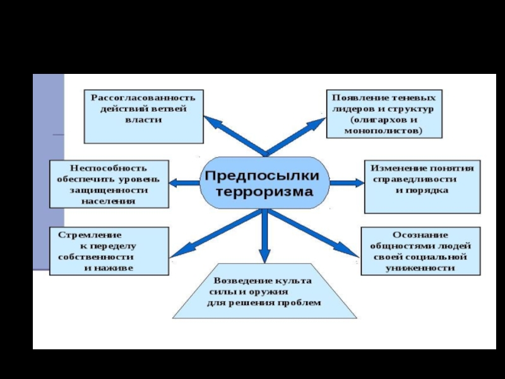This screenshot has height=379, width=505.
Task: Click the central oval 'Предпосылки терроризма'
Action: [x=264, y=183]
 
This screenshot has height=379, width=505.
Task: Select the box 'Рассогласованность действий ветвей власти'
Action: [x=144, y=116]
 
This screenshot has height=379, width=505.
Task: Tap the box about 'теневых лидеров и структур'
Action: [x=384, y=114]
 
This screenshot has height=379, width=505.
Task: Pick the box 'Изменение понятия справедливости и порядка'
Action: [x=422, y=186]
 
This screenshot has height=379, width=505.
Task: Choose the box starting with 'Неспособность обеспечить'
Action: [x=109, y=184]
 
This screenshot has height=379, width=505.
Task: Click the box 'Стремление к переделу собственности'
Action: [x=109, y=251]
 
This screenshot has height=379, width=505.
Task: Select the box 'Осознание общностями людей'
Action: [x=420, y=251]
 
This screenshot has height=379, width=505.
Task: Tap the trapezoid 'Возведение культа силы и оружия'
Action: [x=264, y=291]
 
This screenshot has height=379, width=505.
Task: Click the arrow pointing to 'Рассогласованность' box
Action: [x=235, y=136]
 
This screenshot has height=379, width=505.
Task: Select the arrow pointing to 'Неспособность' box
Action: [x=184, y=183]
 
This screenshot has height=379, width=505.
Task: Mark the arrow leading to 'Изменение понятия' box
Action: [x=347, y=183]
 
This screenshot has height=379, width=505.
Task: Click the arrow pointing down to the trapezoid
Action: [x=264, y=236]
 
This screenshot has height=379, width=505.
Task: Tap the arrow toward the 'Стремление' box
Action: [x=216, y=234]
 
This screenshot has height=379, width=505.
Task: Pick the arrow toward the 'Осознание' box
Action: [x=313, y=233]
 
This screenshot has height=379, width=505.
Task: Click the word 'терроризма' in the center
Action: [x=264, y=192]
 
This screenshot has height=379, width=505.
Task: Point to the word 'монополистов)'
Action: [x=383, y=131]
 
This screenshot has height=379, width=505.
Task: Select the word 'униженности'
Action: [x=420, y=268]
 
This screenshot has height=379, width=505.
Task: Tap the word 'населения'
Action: [x=109, y=202]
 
